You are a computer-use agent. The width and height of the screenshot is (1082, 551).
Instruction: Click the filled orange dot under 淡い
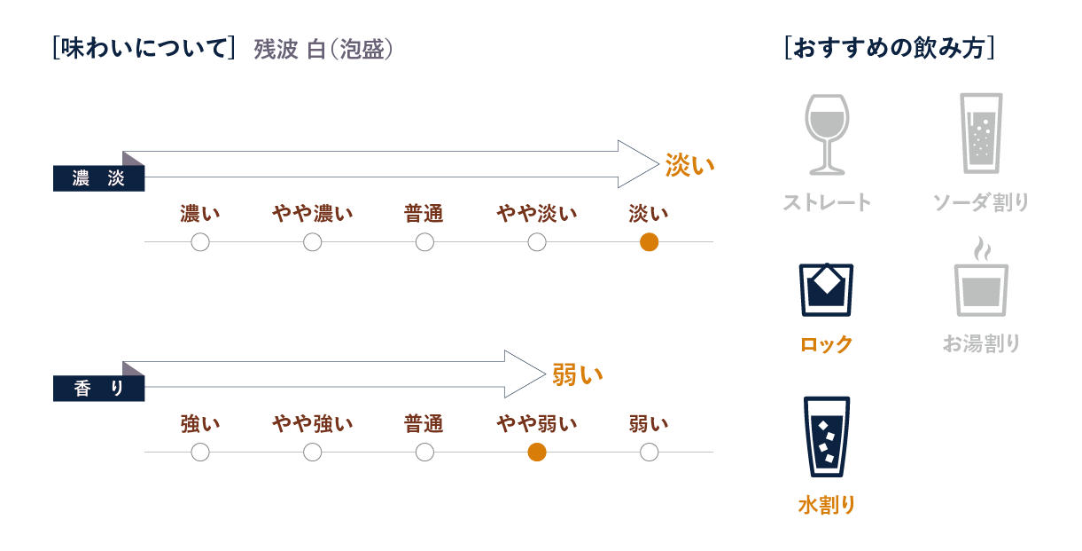pos(649,242)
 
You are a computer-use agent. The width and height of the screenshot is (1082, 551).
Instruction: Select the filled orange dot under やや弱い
pos(536,453)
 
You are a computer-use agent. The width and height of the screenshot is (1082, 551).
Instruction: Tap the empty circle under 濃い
pos(200,242)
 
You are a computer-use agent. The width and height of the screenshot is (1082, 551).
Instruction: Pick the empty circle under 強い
pos(200,453)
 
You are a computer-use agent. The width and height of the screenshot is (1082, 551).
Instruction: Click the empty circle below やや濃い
pos(312,242)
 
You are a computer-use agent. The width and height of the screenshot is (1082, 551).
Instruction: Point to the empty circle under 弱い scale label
pos(649,453)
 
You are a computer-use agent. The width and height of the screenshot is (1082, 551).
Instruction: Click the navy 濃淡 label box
pos(98,178)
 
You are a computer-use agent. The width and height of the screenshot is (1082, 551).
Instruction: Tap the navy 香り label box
pos(98,389)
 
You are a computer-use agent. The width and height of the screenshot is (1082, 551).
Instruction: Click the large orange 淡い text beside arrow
pos(689,165)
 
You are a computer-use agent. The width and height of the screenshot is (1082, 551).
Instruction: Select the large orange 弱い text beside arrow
pos(577,374)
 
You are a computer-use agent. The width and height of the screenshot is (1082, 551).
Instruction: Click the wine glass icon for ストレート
pos(826,134)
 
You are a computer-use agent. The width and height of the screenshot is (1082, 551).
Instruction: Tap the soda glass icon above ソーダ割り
pos(981,132)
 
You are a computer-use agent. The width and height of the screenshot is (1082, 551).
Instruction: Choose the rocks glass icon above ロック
pos(826,289)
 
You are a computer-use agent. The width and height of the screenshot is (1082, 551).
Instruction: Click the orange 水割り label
pos(826,506)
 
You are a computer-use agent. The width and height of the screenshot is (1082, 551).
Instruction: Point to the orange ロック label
pos(826,344)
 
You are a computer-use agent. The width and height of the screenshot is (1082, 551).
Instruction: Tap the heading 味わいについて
pos(143,49)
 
